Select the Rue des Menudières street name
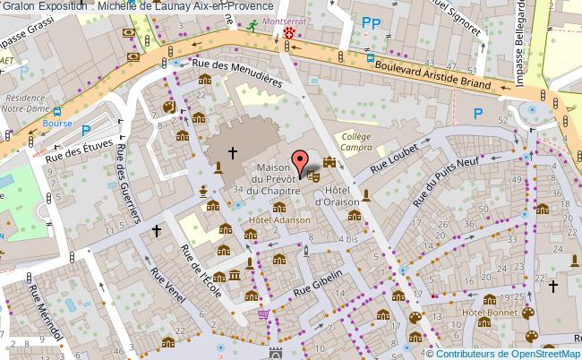point(237,71)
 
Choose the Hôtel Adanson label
point(279,219)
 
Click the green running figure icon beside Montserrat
point(252,26)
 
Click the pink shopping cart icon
point(263,313)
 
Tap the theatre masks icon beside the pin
point(314,176)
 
